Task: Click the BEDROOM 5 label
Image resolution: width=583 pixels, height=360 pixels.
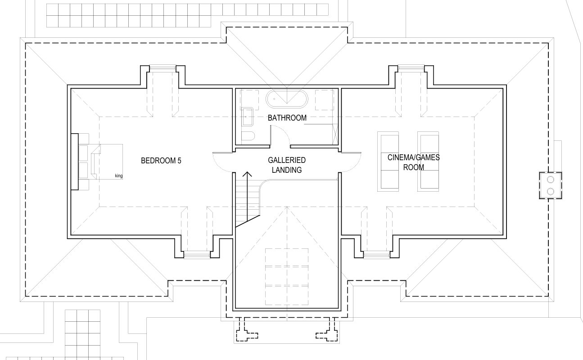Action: pos(161,161)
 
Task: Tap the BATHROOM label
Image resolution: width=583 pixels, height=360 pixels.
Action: pos(287,118)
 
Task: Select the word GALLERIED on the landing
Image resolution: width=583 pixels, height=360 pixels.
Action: pos(287,160)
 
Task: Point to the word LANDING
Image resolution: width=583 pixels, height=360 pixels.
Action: pos(287,170)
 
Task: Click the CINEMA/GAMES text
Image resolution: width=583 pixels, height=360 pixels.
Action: pos(414,157)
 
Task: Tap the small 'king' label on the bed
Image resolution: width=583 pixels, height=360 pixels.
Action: pos(119,176)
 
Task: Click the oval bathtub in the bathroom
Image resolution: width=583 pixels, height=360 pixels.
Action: pos(287,99)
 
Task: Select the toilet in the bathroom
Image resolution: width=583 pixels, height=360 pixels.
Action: pos(248,136)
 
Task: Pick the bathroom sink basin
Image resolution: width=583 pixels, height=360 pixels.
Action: pos(247,117)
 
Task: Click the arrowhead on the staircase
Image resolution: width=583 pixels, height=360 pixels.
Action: pos(247,174)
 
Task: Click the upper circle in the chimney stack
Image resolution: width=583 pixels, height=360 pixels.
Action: pos(551,180)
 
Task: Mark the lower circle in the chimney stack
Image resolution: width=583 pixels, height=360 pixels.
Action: pos(551,192)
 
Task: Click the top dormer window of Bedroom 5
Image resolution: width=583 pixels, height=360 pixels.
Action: pos(163,68)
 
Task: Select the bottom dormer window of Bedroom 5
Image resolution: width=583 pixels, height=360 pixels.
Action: pos(197,255)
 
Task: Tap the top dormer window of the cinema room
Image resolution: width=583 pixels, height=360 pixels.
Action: pos(411,68)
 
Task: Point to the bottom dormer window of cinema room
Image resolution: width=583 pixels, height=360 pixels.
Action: pos(377,255)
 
